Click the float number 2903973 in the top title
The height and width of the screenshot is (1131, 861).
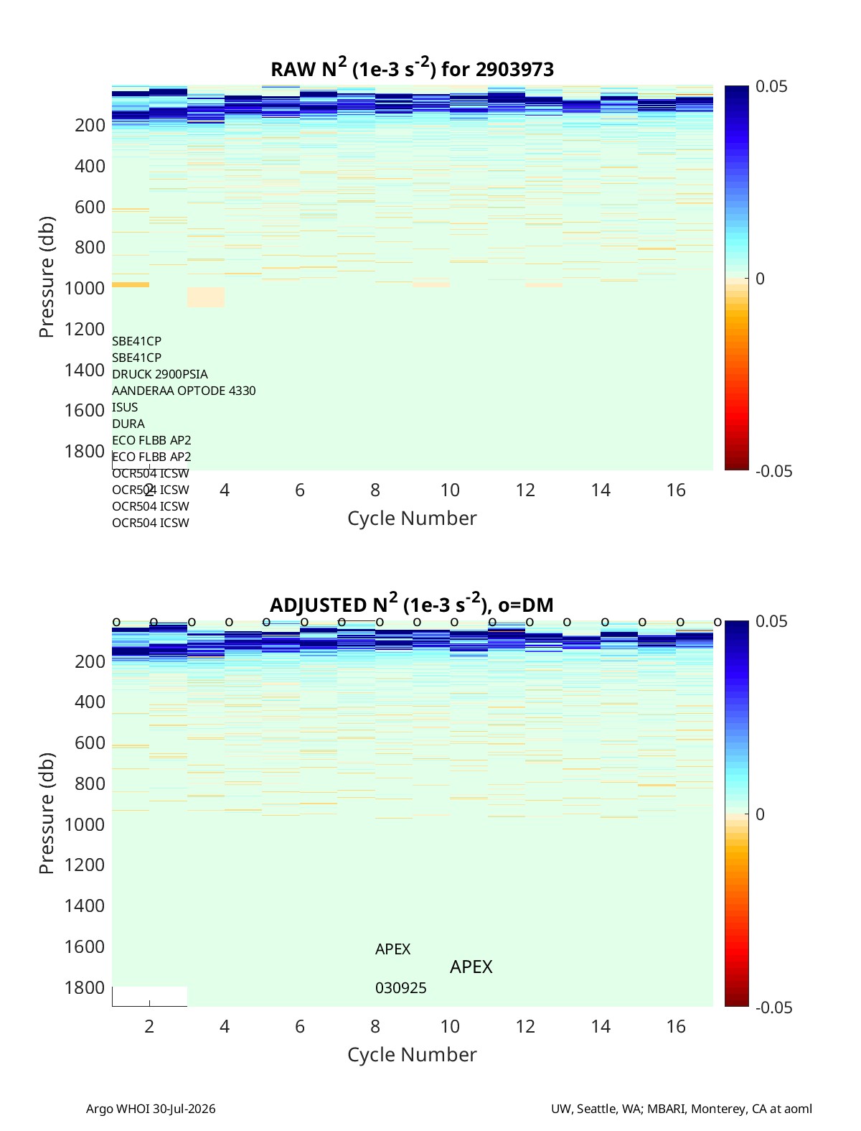(x=514, y=70)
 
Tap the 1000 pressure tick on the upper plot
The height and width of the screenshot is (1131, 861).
(x=85, y=288)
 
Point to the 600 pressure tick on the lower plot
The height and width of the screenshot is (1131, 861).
(x=90, y=743)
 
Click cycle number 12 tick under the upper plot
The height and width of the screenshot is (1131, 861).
(x=525, y=490)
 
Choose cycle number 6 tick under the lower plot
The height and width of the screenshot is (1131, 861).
(x=299, y=1026)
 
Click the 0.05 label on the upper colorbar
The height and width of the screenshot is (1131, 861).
(x=771, y=86)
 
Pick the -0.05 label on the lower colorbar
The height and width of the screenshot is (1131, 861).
(x=773, y=1007)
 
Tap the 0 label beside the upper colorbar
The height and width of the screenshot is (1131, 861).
(x=760, y=279)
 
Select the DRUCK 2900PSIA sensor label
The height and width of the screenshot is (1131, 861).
(x=160, y=374)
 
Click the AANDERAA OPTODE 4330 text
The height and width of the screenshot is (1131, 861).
(x=184, y=391)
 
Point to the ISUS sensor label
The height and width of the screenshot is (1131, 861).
(x=125, y=407)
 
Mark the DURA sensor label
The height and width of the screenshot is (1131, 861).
(x=128, y=424)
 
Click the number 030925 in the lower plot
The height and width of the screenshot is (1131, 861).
(x=400, y=988)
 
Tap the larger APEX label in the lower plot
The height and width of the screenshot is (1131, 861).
(x=471, y=967)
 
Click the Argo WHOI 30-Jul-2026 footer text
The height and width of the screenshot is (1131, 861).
(x=151, y=1109)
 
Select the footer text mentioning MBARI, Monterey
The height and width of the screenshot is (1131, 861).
(x=682, y=1109)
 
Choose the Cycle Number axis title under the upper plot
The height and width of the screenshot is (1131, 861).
(x=412, y=518)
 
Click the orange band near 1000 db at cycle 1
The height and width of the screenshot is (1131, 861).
(x=131, y=284)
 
